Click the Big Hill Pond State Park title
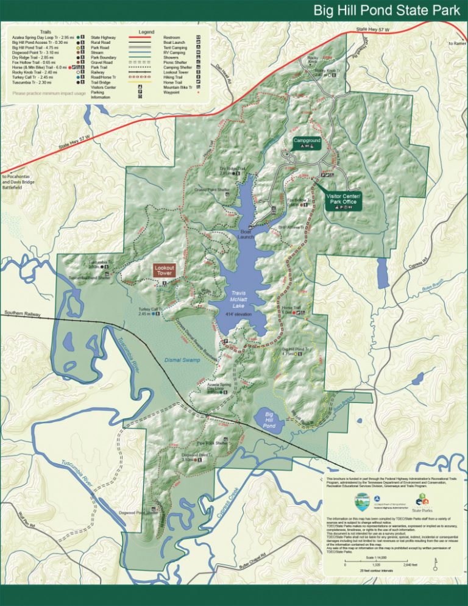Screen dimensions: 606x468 click(387, 10)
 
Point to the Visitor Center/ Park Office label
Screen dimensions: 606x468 click(344, 201)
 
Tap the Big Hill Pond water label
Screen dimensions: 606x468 click(269, 419)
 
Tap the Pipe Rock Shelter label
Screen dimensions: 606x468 click(211, 443)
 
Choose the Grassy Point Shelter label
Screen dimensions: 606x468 click(212, 190)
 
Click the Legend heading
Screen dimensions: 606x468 click(146, 32)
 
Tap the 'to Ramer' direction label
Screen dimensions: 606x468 click(456, 43)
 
